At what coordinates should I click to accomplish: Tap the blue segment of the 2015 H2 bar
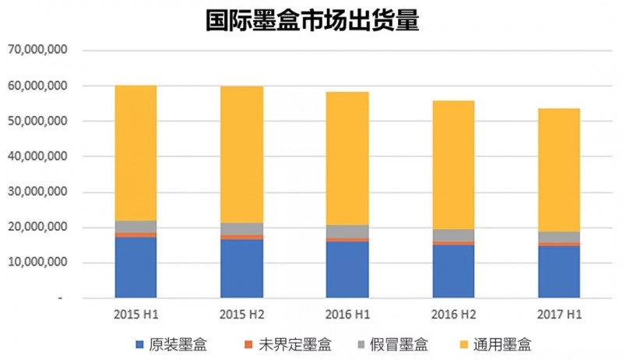point(241,268)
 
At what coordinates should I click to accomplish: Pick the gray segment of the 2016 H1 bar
point(347,231)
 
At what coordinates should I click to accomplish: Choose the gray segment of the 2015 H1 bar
point(136,226)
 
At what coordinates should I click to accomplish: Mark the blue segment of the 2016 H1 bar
point(347,269)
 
